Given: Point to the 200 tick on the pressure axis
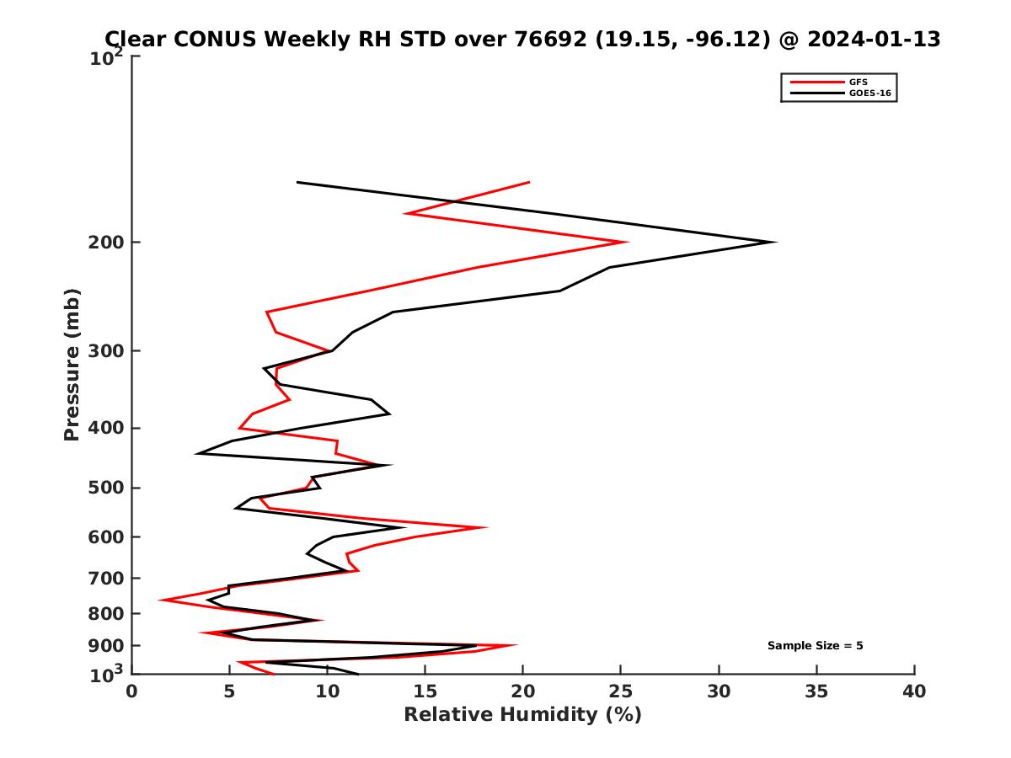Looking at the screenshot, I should point(107,243).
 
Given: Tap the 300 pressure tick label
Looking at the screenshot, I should point(107,351).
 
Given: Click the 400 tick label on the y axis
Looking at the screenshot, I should point(107,428).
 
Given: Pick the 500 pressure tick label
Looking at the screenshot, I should point(107,488).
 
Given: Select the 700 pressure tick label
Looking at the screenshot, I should point(107,578).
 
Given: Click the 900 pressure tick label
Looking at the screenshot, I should point(107,646).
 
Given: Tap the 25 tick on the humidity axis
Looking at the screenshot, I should point(621,691).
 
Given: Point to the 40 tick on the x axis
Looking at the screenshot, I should point(914,691).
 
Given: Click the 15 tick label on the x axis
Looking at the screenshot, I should point(425,691).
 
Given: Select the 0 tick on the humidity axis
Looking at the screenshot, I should point(132,691).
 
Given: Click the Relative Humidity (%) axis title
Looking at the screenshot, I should point(522,715).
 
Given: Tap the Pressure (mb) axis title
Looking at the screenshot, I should point(72,364).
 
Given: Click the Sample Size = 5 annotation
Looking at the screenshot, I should point(815,646).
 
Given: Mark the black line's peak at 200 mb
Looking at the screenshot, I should point(775,243).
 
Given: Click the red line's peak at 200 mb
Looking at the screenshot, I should point(628,243).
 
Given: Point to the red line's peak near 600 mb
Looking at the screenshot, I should point(487,528).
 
